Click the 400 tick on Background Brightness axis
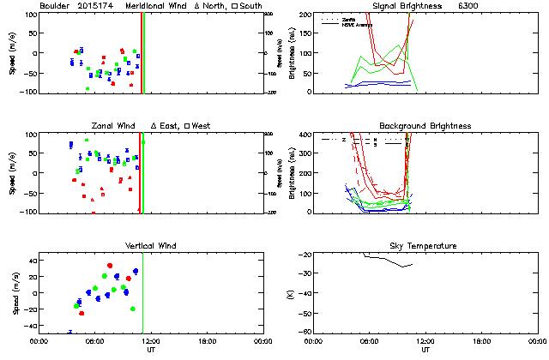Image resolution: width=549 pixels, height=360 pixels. click(x=306, y=135)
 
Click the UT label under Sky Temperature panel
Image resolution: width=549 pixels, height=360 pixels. click(x=425, y=350)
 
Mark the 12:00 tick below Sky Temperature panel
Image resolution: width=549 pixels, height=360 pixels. click(x=425, y=341)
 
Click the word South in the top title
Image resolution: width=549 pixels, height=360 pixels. click(x=251, y=6)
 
